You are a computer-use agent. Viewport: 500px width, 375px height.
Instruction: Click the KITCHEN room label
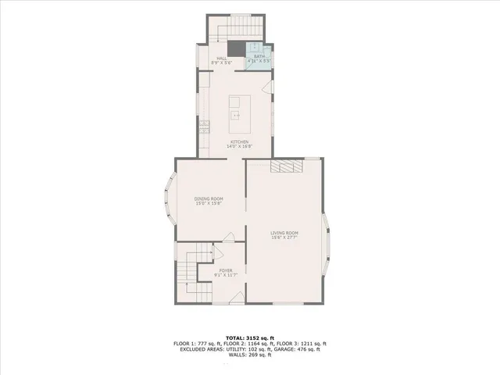(x=239, y=141)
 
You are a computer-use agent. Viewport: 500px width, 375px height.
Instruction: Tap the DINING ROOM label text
(x=209, y=199)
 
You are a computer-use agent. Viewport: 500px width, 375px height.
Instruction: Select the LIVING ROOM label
(x=285, y=233)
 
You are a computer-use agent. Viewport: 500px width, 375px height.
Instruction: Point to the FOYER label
(x=225, y=270)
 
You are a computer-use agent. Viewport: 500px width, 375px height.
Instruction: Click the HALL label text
(x=222, y=58)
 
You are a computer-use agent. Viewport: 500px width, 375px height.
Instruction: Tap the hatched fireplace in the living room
(x=286, y=166)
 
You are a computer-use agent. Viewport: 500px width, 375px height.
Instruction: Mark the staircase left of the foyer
(x=188, y=270)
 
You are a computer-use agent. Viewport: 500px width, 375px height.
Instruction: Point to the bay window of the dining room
(x=167, y=199)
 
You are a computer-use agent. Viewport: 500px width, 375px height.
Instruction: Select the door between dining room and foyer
(x=228, y=237)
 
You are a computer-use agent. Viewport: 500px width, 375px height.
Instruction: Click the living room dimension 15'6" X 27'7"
(x=285, y=237)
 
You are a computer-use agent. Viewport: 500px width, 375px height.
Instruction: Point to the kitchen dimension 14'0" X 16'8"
(x=239, y=146)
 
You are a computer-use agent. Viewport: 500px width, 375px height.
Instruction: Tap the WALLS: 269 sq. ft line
(x=250, y=355)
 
